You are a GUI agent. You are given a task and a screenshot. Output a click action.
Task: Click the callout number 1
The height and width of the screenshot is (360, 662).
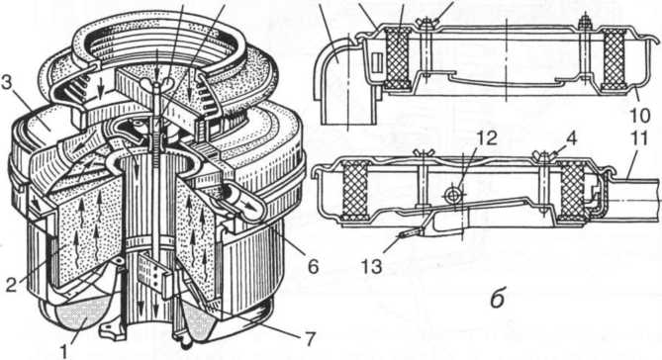63,351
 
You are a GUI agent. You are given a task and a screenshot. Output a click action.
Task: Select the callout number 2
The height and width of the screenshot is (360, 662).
12,285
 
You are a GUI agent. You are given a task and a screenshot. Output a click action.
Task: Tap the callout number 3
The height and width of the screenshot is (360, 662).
7,83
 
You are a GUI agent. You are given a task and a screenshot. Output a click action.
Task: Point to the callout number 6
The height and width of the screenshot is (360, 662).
313,266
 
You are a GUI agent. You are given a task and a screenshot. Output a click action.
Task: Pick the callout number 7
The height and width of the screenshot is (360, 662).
310,339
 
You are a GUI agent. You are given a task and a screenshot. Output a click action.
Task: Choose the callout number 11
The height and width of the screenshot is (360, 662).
640,138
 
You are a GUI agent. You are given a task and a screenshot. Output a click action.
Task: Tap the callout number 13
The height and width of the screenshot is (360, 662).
373,267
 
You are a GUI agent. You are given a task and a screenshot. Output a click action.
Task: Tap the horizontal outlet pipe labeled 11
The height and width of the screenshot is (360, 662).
632,197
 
